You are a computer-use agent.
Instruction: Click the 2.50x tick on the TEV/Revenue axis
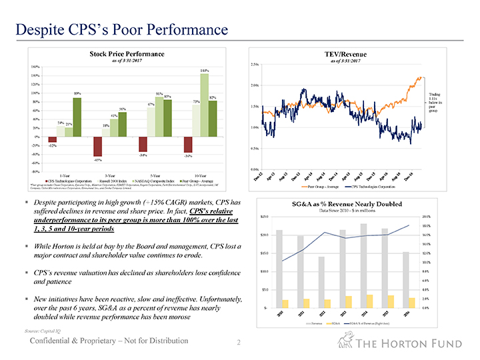[x=254, y=64]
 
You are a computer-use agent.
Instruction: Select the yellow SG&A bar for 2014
[x=369, y=301]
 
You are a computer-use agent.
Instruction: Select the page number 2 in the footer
[x=238, y=343]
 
